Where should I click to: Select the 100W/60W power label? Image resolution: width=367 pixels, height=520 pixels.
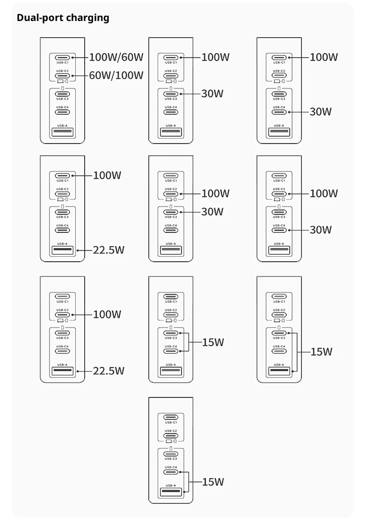coord(116,57)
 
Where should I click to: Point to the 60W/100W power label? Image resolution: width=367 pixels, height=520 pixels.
coord(116,75)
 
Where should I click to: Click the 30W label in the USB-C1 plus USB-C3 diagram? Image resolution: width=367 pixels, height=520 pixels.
coord(212,94)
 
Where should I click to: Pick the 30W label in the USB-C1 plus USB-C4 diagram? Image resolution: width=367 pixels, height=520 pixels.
coord(321,112)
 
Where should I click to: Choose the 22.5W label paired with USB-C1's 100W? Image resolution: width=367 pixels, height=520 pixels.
coord(109,250)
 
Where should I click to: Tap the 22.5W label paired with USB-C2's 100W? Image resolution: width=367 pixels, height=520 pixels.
coord(109,371)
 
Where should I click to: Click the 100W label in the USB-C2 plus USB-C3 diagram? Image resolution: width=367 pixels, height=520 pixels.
coord(215,193)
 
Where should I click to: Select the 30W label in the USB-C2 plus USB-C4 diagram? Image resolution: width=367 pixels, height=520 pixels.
coord(321,230)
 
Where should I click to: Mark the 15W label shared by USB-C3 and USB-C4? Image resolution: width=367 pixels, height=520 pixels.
coord(213,342)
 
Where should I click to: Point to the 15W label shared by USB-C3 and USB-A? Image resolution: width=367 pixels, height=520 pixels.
coord(321,352)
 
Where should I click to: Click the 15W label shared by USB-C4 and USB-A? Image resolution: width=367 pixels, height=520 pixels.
coord(213,482)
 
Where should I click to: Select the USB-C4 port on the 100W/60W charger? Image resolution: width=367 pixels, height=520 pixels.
coord(63,112)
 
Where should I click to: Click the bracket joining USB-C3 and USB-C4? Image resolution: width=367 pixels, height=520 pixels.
coord(188,342)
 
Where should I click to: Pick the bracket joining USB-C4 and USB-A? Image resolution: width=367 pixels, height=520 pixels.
coord(188,481)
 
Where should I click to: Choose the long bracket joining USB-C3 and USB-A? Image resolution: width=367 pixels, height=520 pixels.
coord(297,352)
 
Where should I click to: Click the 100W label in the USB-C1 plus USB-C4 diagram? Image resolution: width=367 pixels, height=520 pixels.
coord(324,57)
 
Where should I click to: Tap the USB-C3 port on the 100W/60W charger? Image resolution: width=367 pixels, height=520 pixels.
coord(63,94)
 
